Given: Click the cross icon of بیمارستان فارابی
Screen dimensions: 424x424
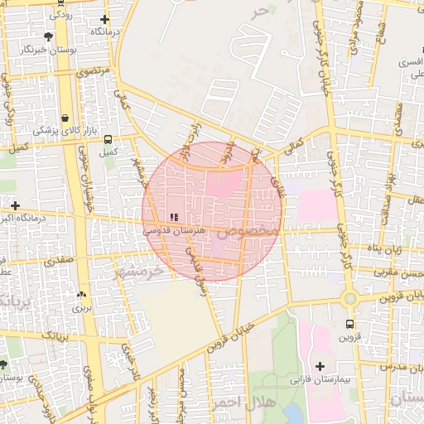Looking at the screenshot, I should [x=320, y=365].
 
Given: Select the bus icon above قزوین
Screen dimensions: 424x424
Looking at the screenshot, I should [x=349, y=324].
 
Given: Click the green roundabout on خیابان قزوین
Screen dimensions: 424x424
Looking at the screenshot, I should [x=350, y=298].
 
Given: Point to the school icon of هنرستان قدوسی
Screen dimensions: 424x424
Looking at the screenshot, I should [x=174, y=217].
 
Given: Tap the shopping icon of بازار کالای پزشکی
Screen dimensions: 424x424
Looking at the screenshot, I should [x=65, y=118].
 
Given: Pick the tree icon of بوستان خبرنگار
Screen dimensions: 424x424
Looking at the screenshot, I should [x=49, y=36].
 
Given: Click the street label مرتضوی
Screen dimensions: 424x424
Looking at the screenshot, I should [x=93, y=72].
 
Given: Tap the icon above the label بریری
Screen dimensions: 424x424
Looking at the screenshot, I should [x=81, y=294].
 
